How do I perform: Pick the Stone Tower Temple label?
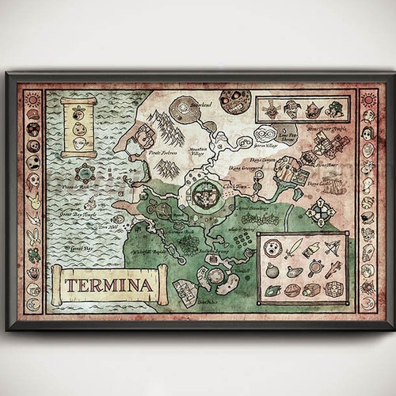[x=328, y=128]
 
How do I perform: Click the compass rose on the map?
[x=321, y=211]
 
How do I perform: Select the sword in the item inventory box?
[x=293, y=249]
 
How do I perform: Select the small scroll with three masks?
[x=78, y=127]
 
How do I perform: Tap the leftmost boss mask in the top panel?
[x=271, y=110]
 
